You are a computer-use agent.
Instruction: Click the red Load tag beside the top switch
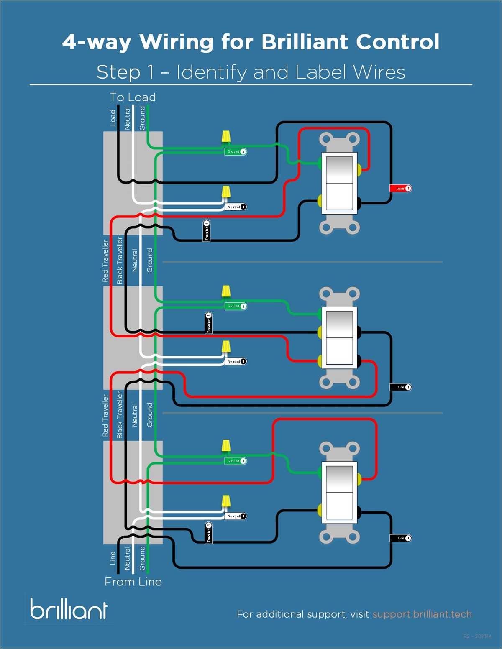click(x=400, y=188)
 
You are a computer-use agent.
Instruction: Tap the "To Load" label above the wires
click(x=133, y=97)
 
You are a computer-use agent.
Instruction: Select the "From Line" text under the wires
click(x=133, y=582)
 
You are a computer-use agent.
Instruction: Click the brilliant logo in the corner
click(x=69, y=609)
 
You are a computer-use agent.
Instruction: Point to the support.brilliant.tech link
click(x=422, y=614)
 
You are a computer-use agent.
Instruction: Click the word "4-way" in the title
click(x=97, y=42)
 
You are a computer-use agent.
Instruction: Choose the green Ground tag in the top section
click(x=236, y=151)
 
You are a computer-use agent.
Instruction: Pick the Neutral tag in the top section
click(x=236, y=207)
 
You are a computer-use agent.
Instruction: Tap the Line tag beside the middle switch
click(x=401, y=387)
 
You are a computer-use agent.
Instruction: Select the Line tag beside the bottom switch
click(x=401, y=538)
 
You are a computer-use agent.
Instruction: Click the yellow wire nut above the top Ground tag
click(x=225, y=137)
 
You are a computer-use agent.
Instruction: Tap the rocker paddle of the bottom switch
click(x=339, y=493)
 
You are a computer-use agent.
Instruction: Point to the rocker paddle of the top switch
click(x=339, y=183)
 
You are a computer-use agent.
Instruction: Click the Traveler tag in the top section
click(x=207, y=231)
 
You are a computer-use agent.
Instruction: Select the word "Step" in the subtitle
click(x=118, y=72)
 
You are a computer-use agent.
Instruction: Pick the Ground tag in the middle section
click(x=236, y=306)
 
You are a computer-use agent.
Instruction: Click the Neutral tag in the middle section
click(x=236, y=361)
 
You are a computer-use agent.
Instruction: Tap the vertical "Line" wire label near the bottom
click(x=113, y=558)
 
